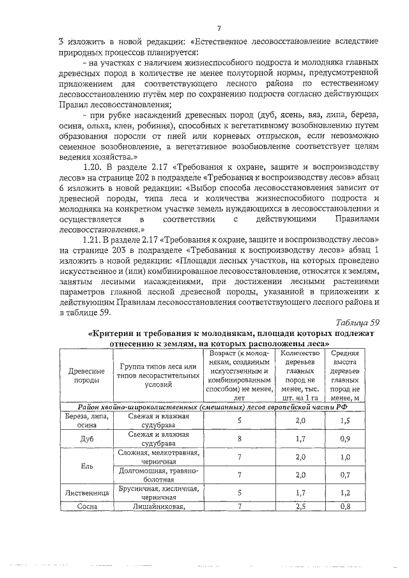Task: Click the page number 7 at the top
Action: (x=219, y=27)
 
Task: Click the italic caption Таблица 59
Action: (x=358, y=323)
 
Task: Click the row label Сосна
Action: (x=86, y=508)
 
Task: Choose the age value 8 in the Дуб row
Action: (x=239, y=439)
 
